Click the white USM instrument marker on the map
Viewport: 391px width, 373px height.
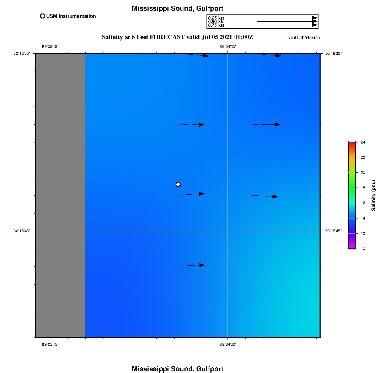pyautogui.click(x=178, y=184)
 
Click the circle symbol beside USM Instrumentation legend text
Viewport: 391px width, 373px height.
pyautogui.click(x=43, y=16)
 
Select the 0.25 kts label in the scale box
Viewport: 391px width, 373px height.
pyautogui.click(x=216, y=18)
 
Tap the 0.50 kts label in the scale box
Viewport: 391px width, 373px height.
pyautogui.click(x=216, y=22)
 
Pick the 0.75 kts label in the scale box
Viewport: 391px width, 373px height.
pyautogui.click(x=216, y=25)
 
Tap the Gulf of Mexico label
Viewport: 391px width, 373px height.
pyautogui.click(x=304, y=38)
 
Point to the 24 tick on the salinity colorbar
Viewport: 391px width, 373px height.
pyautogui.click(x=363, y=142)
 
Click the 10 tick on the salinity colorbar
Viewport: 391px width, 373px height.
pyautogui.click(x=363, y=249)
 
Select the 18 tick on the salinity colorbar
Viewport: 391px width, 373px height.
pyautogui.click(x=363, y=188)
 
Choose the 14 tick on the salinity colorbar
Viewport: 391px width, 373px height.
pyautogui.click(x=363, y=218)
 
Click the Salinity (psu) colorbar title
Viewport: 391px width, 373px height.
pyautogui.click(x=374, y=195)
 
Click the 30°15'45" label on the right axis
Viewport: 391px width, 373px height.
pyautogui.click(x=333, y=231)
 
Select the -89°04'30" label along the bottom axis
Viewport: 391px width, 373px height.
pyautogui.click(x=227, y=344)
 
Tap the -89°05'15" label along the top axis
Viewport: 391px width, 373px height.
pyautogui.click(x=50, y=47)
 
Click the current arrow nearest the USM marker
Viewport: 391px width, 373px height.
pyautogui.click(x=192, y=194)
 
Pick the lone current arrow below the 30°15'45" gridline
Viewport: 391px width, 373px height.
pyautogui.click(x=192, y=265)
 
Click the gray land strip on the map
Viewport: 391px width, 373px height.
pyautogui.click(x=60, y=195)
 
